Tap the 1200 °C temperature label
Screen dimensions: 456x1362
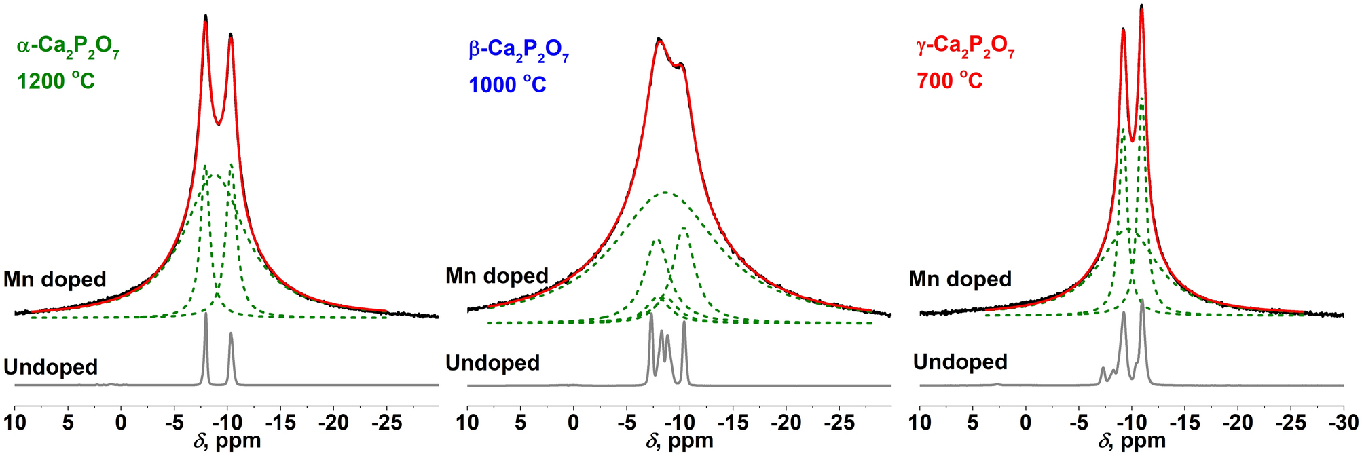(x=56, y=81)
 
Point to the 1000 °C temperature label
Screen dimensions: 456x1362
(x=507, y=85)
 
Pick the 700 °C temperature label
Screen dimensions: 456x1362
(x=949, y=81)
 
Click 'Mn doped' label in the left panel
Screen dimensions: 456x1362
(x=55, y=279)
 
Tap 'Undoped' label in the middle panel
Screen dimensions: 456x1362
(x=492, y=363)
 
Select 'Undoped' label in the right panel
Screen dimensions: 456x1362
(x=960, y=362)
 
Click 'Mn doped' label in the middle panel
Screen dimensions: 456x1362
(x=497, y=275)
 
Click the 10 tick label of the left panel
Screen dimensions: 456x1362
(x=15, y=423)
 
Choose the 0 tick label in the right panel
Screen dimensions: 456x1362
(x=1026, y=423)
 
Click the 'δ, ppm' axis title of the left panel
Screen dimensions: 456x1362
(x=226, y=442)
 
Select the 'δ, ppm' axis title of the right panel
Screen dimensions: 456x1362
(x=1131, y=442)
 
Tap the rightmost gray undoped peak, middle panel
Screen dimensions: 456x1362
(x=684, y=324)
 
